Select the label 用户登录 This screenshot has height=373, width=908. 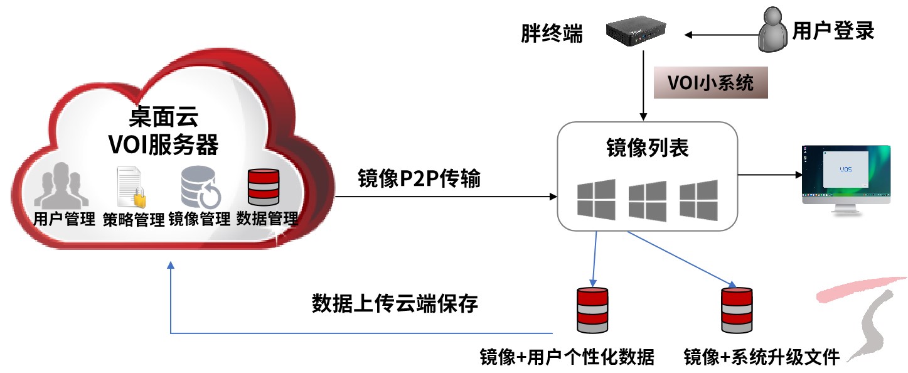pos(833,31)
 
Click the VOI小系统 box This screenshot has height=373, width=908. pos(711,83)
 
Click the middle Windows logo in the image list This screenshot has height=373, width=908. pos(647,200)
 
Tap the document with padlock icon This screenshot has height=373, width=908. pos(131,187)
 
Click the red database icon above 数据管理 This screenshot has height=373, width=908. pos(264,186)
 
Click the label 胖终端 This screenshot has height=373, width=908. pos(552,33)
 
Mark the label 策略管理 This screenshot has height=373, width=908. pos(134,219)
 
